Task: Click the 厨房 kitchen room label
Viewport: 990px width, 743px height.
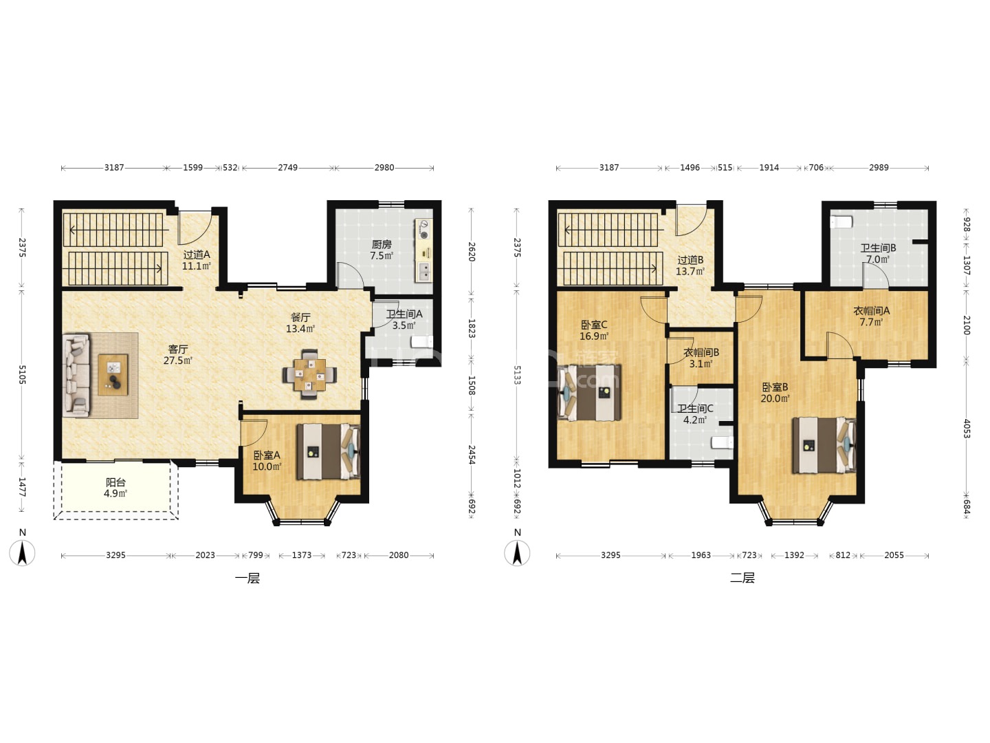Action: tap(381, 244)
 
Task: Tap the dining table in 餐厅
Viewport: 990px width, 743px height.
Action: tap(309, 374)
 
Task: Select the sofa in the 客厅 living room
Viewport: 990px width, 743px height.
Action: tap(76, 375)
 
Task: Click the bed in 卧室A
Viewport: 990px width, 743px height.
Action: tap(329, 451)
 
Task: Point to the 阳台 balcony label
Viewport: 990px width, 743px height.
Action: tap(115, 482)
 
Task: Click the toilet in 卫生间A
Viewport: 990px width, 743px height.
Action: tap(422, 342)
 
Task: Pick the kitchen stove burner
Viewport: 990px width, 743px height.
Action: tap(423, 235)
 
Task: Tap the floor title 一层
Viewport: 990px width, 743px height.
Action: tap(247, 579)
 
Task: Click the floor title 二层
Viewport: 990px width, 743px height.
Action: tap(742, 577)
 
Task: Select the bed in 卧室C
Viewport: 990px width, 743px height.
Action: tap(589, 392)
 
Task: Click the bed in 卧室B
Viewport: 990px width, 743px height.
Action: tap(824, 445)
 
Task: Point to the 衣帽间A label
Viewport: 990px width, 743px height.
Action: tap(871, 311)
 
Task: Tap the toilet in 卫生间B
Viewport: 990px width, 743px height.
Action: tap(841, 222)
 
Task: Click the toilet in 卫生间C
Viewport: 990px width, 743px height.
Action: tap(723, 442)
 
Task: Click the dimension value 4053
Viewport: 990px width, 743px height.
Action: tap(966, 429)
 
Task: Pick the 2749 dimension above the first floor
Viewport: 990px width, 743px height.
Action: tap(288, 168)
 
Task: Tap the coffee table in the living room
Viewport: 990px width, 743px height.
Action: tap(113, 375)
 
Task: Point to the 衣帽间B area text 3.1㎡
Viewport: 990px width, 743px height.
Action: tap(701, 364)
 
